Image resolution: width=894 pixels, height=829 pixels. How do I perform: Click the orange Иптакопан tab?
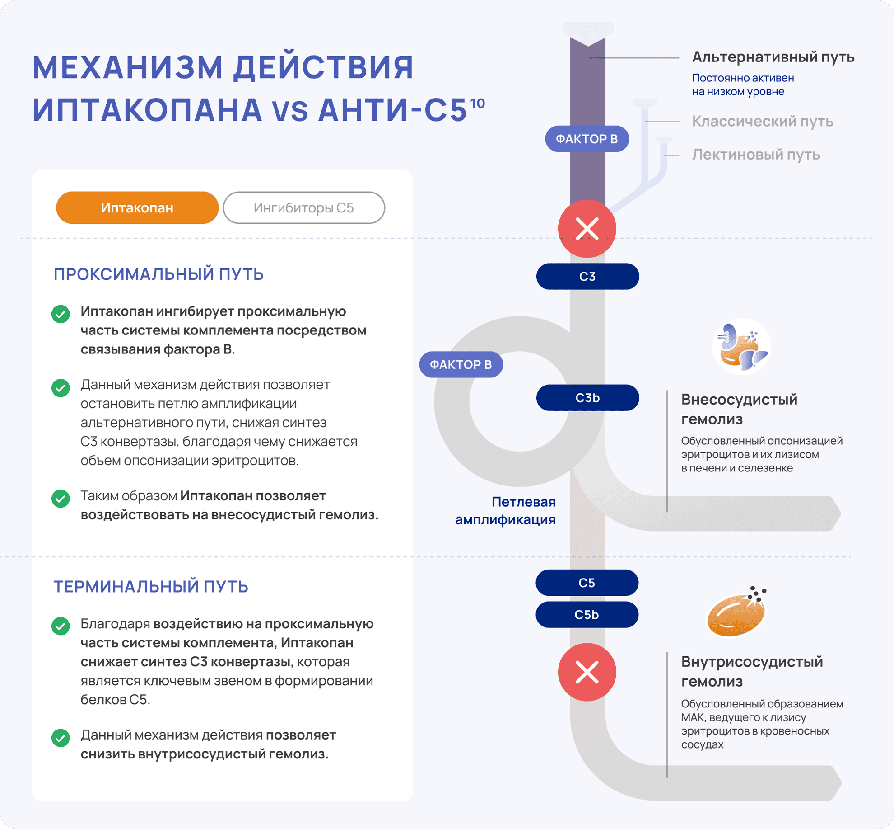pyautogui.click(x=137, y=208)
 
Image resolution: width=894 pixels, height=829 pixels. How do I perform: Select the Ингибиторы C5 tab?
pyautogui.click(x=304, y=208)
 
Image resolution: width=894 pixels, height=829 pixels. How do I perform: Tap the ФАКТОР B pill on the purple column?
pyautogui.click(x=587, y=139)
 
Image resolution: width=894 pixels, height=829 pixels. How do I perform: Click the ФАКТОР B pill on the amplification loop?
pyautogui.click(x=461, y=364)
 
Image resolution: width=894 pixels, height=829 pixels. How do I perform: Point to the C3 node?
pyautogui.click(x=587, y=277)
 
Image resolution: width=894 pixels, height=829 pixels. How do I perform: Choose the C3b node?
pyautogui.click(x=587, y=398)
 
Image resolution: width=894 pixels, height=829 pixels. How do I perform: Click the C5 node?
pyautogui.click(x=587, y=583)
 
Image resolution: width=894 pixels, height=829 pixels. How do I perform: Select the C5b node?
pyautogui.click(x=587, y=615)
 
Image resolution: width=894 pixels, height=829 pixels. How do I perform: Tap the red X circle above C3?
pyautogui.click(x=587, y=229)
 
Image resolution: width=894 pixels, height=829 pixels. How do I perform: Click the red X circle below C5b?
pyautogui.click(x=587, y=672)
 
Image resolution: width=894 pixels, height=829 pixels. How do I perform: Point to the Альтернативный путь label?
pyautogui.click(x=773, y=57)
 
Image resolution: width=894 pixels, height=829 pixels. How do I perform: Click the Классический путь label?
pyautogui.click(x=763, y=122)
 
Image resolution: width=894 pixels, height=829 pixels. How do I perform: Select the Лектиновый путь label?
pyautogui.click(x=756, y=155)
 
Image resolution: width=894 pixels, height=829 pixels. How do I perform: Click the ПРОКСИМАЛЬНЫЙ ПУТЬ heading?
pyautogui.click(x=158, y=274)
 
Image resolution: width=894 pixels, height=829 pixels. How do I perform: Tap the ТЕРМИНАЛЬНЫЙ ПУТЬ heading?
pyautogui.click(x=151, y=587)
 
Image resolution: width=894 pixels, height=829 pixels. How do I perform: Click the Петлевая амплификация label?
pyautogui.click(x=506, y=511)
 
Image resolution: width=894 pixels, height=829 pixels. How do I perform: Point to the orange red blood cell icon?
pyautogui.click(x=736, y=612)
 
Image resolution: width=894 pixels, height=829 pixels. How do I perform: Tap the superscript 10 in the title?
pyautogui.click(x=477, y=104)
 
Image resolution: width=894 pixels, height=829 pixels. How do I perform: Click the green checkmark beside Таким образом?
pyautogui.click(x=61, y=499)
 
